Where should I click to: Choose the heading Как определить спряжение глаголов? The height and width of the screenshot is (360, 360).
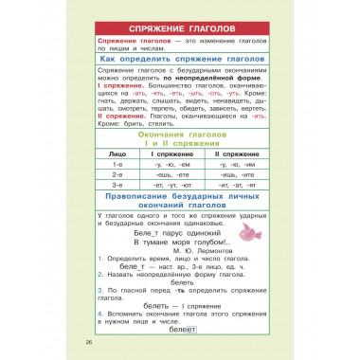click(x=180, y=59)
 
